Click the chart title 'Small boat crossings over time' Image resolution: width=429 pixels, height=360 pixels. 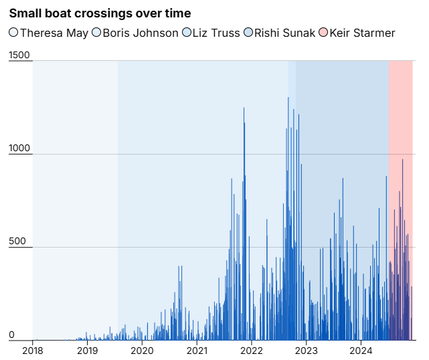[x=100, y=13]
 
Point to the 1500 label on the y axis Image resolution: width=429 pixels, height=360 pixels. [x=20, y=56]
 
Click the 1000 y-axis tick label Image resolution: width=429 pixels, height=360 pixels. [x=20, y=149]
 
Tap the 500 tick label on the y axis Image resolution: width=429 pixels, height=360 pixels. [x=17, y=242]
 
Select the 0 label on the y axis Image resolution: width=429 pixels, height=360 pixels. [x=11, y=335]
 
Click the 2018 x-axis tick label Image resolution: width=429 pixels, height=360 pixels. [x=33, y=350]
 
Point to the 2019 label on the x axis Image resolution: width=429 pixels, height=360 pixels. [x=87, y=350]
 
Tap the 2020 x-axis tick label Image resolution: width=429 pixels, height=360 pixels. [x=142, y=350]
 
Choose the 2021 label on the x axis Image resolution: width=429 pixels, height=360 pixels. [x=197, y=350]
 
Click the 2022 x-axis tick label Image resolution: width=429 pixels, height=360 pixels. [x=251, y=350]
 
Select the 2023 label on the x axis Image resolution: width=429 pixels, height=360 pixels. [x=306, y=350]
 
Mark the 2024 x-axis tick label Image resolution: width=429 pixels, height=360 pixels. [x=361, y=350]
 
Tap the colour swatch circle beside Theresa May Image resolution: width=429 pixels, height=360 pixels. [x=13, y=33]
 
